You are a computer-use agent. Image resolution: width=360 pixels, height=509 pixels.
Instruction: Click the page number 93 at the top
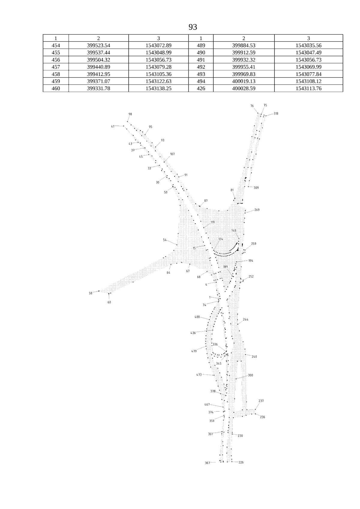[x=193, y=27]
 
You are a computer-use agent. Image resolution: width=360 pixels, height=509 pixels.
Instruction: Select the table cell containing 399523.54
[x=98, y=45]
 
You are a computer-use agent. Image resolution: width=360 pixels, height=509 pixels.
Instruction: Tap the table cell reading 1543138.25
[x=158, y=88]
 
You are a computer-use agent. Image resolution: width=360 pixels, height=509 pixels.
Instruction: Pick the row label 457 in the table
[x=56, y=67]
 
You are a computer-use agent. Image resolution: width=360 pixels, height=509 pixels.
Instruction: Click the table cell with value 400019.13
[x=244, y=81]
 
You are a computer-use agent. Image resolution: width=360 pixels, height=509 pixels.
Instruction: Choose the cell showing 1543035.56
[x=308, y=45]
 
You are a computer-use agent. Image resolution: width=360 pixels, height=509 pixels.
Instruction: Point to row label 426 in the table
[x=201, y=88]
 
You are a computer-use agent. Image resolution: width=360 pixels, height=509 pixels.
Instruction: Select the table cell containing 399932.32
[x=244, y=59]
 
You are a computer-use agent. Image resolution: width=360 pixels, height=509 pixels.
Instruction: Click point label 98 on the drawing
[x=130, y=114]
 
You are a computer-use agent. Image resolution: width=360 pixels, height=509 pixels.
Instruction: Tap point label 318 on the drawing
[x=276, y=113]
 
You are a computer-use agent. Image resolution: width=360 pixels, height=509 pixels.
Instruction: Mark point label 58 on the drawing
[x=91, y=293]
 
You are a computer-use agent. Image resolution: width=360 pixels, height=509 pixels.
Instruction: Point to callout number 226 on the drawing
[x=241, y=462]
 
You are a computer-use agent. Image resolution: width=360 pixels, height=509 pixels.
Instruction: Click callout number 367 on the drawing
[x=208, y=463]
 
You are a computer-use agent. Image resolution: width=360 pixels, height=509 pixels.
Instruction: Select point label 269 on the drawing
[x=257, y=210]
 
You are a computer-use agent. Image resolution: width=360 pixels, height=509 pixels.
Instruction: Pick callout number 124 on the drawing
[x=221, y=239]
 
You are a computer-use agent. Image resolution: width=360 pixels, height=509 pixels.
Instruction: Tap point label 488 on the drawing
[x=197, y=317]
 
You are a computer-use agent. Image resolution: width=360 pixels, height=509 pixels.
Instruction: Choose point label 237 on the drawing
[x=261, y=401]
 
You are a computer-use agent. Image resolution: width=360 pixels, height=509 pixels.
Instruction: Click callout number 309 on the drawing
[x=256, y=188]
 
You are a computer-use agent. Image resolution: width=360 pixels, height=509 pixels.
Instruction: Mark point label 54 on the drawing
[x=165, y=240]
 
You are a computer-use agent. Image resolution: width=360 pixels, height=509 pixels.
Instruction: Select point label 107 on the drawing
[x=172, y=154]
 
